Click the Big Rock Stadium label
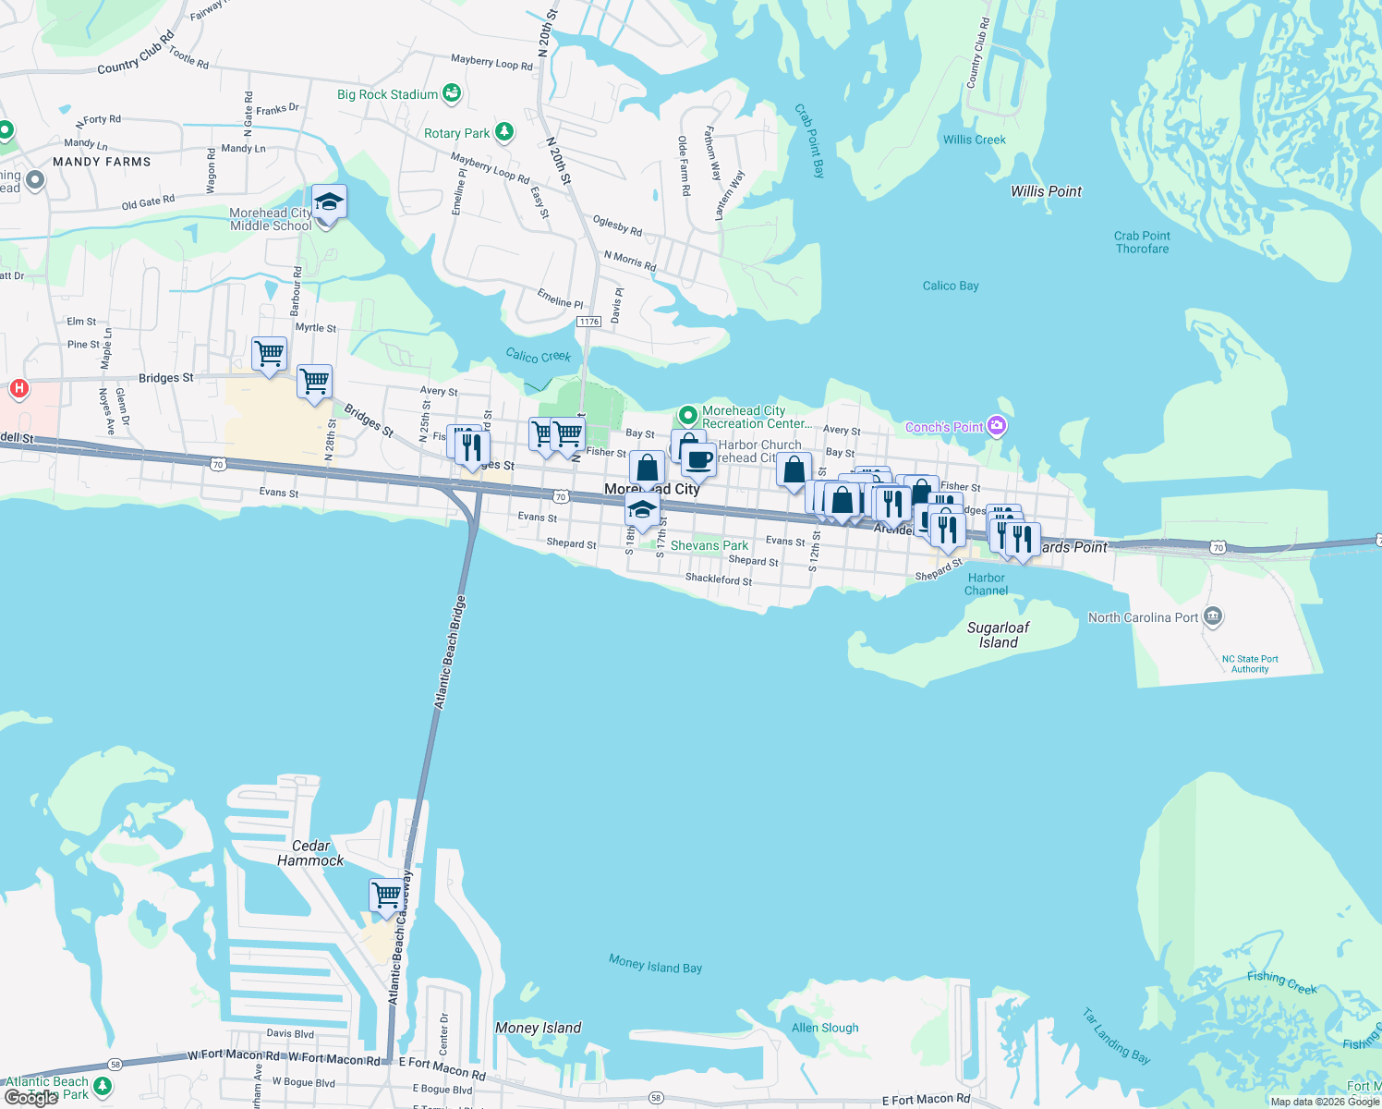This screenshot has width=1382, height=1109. (x=388, y=94)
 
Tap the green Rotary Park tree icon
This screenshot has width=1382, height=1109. (x=503, y=132)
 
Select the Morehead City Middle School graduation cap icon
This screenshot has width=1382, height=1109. (x=329, y=201)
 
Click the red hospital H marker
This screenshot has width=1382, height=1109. (x=18, y=389)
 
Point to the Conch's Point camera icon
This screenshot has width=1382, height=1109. (x=996, y=426)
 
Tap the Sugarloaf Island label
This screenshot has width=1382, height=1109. (x=998, y=635)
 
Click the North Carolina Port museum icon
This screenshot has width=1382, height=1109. (x=1214, y=616)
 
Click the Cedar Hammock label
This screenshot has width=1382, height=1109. (x=310, y=853)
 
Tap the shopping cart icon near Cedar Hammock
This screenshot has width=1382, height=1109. (x=386, y=894)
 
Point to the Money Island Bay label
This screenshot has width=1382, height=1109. (x=655, y=964)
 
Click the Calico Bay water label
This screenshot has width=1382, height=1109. (x=951, y=286)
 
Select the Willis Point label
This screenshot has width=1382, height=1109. (x=1046, y=191)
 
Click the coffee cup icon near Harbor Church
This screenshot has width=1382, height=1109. (x=699, y=458)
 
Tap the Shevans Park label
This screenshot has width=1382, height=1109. (x=709, y=545)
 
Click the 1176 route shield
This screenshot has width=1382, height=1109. (x=588, y=322)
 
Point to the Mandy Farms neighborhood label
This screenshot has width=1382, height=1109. (x=102, y=162)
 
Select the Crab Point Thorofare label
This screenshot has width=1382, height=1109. (x=1142, y=242)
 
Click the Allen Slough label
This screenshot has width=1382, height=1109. (x=825, y=1028)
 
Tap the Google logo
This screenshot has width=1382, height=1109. (x=31, y=1098)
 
